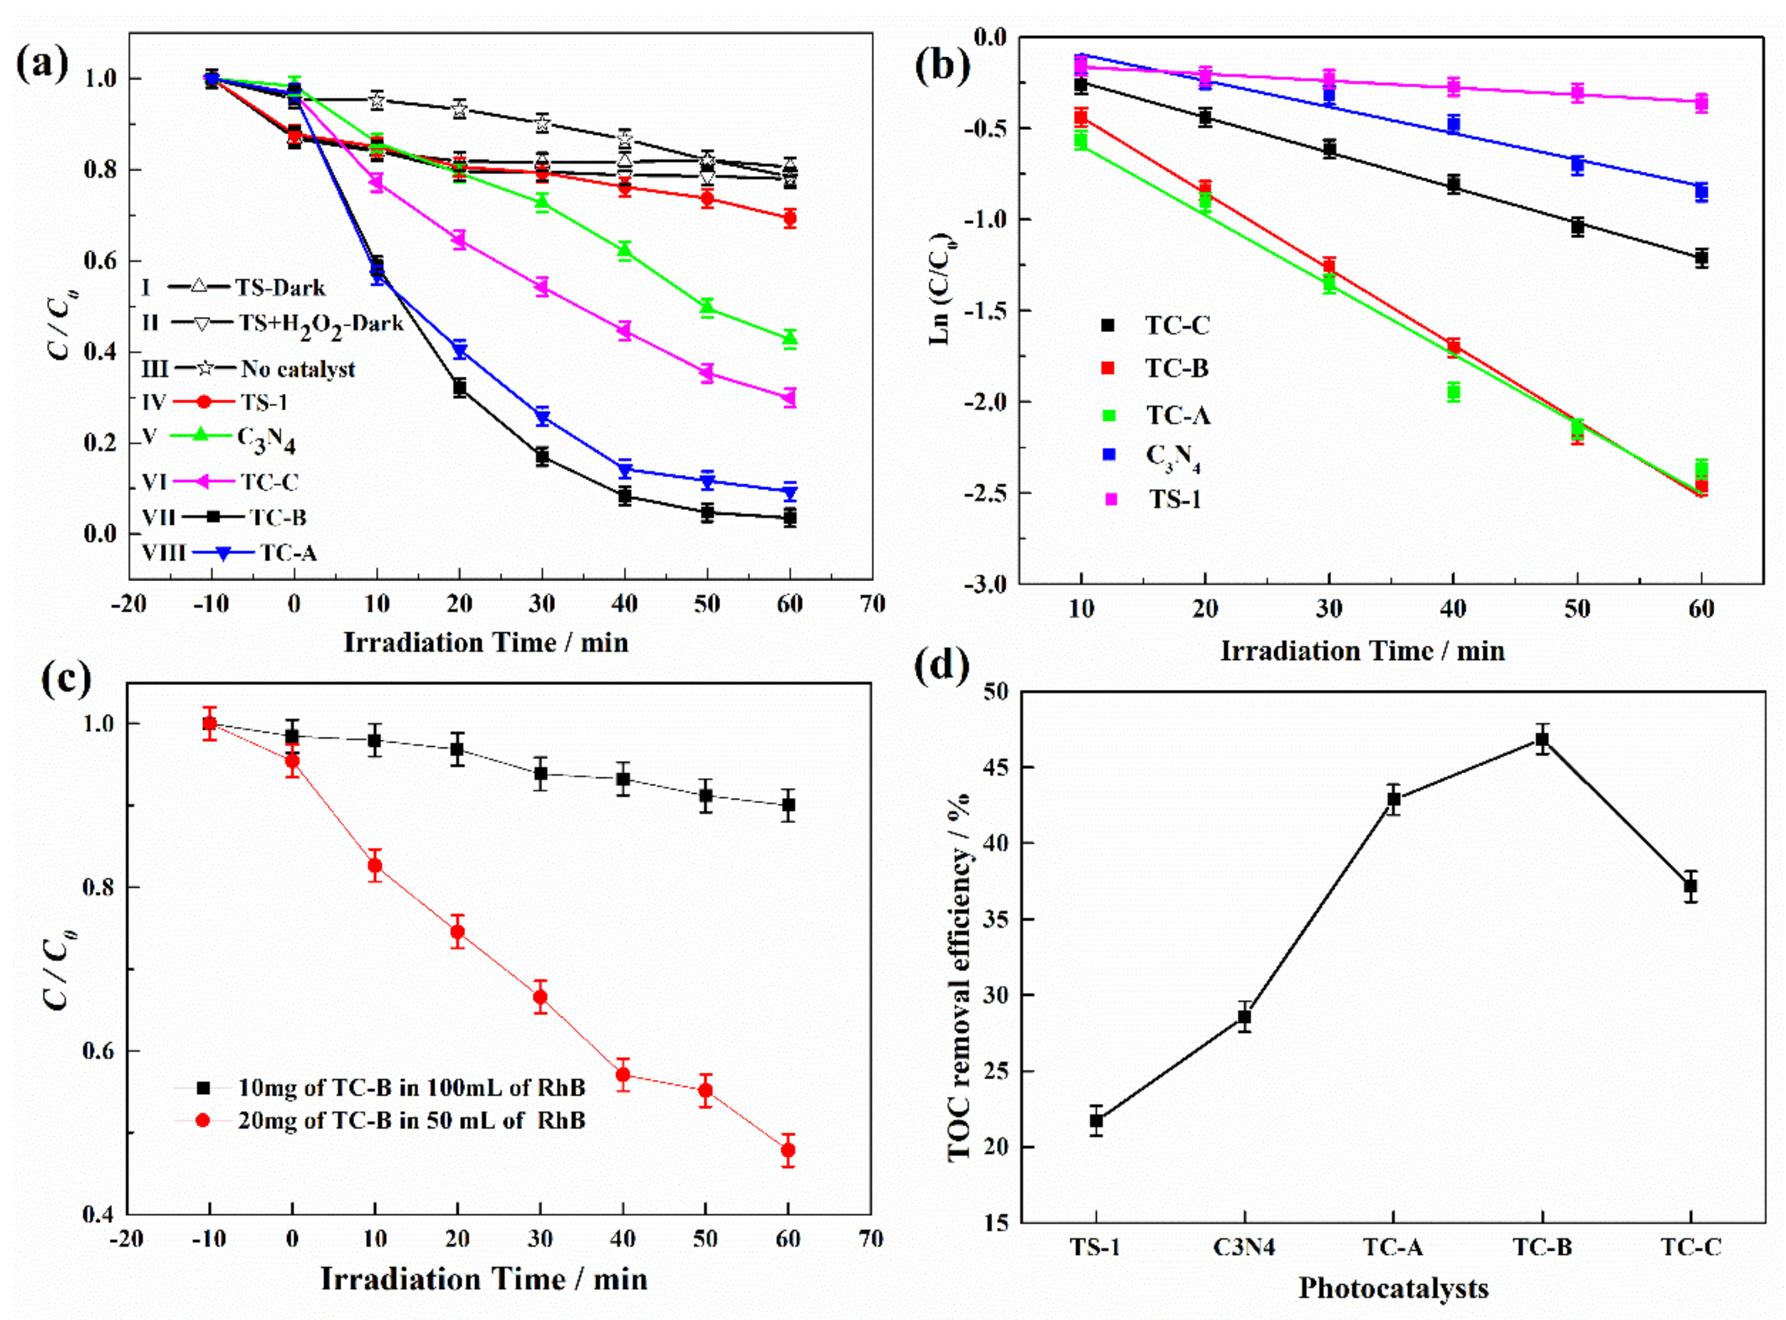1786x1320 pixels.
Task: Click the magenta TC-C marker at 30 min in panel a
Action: click(x=542, y=286)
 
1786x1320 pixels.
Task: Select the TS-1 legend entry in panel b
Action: click(x=1174, y=499)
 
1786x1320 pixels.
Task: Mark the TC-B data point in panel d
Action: click(x=1542, y=739)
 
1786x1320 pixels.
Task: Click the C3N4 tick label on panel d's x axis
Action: click(x=1244, y=1246)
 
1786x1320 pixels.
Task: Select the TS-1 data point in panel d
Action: click(x=1096, y=1121)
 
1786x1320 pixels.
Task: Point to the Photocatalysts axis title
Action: click(x=1393, y=1288)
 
